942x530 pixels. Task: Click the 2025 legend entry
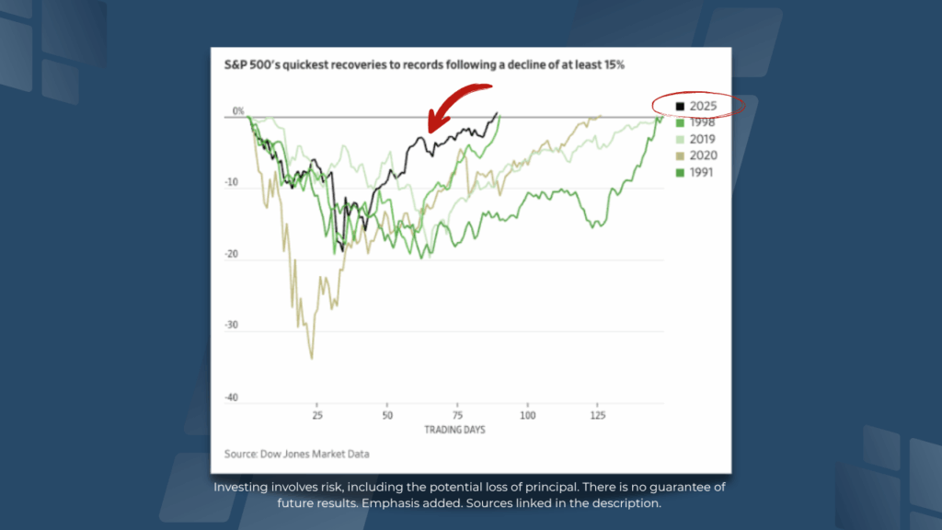695,106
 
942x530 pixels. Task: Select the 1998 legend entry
695,122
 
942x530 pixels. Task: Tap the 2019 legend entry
695,139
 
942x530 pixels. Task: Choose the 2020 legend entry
695,156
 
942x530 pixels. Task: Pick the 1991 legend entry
695,172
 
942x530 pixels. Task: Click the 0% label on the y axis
238,111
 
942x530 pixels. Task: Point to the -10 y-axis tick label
231,183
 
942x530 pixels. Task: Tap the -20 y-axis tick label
231,255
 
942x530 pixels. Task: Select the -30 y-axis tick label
231,326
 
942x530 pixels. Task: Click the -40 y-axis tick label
231,397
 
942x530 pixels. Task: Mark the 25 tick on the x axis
317,416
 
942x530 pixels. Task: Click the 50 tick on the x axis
387,416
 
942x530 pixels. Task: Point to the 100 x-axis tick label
527,416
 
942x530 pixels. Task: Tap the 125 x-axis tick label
598,416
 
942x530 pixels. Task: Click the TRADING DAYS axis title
454,430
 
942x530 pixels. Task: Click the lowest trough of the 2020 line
312,358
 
